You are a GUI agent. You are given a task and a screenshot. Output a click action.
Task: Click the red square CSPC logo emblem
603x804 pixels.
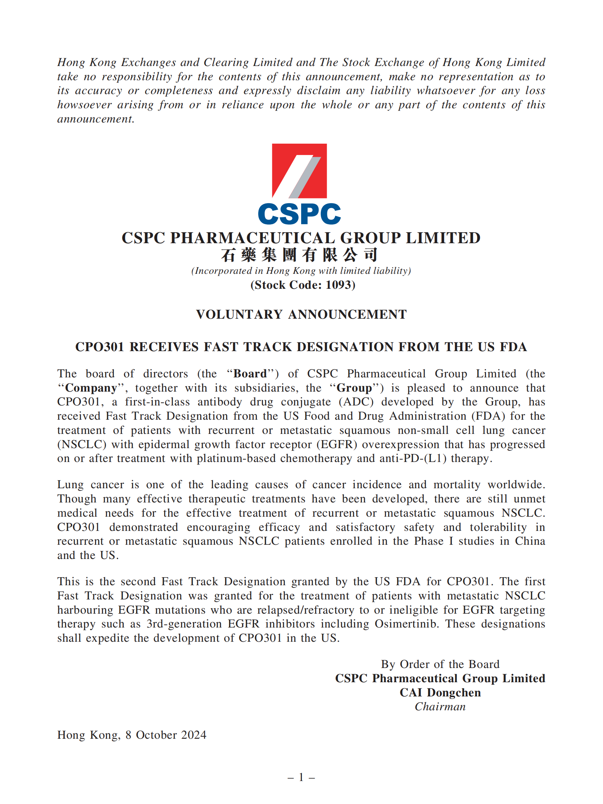pyautogui.click(x=299, y=171)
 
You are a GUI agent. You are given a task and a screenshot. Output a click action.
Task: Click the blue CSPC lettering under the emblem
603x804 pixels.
pyautogui.click(x=299, y=214)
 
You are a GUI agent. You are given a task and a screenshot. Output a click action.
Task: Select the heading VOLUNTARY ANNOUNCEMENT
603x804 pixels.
pyautogui.click(x=301, y=314)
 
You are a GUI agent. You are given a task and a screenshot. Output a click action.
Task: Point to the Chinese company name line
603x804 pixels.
pyautogui.click(x=299, y=255)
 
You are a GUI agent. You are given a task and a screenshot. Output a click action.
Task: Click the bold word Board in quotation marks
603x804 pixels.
pyautogui.click(x=250, y=374)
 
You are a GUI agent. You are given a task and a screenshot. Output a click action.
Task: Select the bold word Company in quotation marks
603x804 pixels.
pyautogui.click(x=91, y=388)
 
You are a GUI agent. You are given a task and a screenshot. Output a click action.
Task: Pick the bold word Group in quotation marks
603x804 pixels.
pyautogui.click(x=354, y=388)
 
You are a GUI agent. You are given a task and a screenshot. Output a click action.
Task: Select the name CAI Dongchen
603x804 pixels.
pyautogui.click(x=440, y=692)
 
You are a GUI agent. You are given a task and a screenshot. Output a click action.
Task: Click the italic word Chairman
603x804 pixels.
pyautogui.click(x=440, y=707)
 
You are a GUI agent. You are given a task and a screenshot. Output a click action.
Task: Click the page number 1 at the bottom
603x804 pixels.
pyautogui.click(x=301, y=777)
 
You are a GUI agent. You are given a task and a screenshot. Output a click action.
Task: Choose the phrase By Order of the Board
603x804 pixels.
pyautogui.click(x=440, y=664)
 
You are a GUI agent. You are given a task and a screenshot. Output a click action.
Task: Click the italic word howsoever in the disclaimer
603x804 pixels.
pyautogui.click(x=84, y=105)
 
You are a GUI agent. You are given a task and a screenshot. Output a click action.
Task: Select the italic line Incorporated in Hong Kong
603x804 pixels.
pyautogui.click(x=301, y=271)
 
